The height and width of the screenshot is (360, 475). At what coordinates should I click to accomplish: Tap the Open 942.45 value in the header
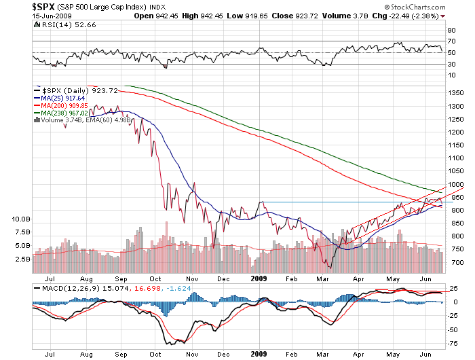click(x=154, y=15)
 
